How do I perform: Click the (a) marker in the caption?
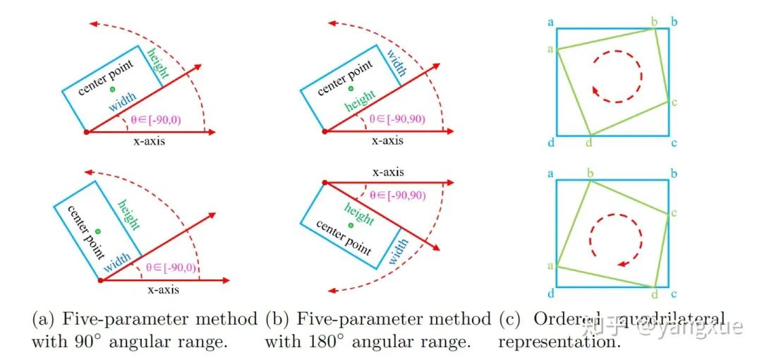43,320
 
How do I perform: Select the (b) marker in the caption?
277,320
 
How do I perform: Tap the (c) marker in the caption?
510,320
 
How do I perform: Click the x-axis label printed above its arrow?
387,172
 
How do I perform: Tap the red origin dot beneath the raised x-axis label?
325,184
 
